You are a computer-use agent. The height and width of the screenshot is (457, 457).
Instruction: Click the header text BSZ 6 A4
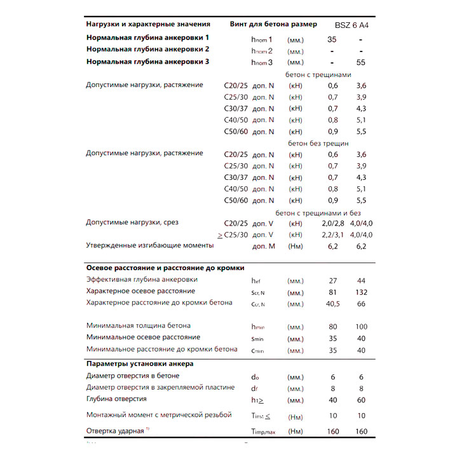pos(351,25)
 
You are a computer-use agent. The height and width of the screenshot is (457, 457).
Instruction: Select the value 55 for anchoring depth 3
pos(361,62)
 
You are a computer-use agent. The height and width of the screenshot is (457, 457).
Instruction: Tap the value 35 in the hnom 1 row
pos(332,39)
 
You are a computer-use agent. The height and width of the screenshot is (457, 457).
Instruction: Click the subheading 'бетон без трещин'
pos(318,143)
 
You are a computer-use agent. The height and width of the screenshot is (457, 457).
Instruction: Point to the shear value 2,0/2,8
pos(332,223)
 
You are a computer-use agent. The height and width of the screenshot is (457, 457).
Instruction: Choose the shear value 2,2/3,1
pos(332,235)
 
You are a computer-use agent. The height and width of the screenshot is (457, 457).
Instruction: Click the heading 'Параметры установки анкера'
pos(140,364)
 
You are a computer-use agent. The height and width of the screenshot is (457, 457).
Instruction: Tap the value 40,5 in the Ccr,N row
pos(332,304)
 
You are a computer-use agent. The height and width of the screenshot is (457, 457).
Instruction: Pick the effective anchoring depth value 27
pos(332,280)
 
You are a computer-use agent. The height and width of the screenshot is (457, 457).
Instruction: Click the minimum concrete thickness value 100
pos(361,326)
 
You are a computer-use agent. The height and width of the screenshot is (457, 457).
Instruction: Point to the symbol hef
pos(257,280)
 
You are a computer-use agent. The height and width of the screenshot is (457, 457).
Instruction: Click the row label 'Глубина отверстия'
pos(116,399)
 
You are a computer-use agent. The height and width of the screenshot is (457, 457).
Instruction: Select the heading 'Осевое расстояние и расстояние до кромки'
pos(165,268)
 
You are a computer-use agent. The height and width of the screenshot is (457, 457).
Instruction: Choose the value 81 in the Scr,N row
pos(332,292)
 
